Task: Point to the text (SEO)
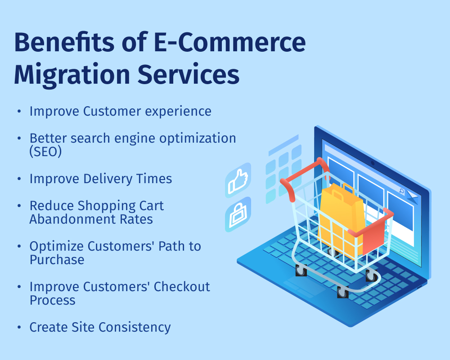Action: (x=45, y=152)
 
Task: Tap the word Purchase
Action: (x=57, y=260)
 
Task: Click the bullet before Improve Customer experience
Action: (x=18, y=111)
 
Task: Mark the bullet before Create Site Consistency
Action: (x=18, y=327)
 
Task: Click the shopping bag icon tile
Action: (x=238, y=215)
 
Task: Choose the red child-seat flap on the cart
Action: (x=373, y=234)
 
